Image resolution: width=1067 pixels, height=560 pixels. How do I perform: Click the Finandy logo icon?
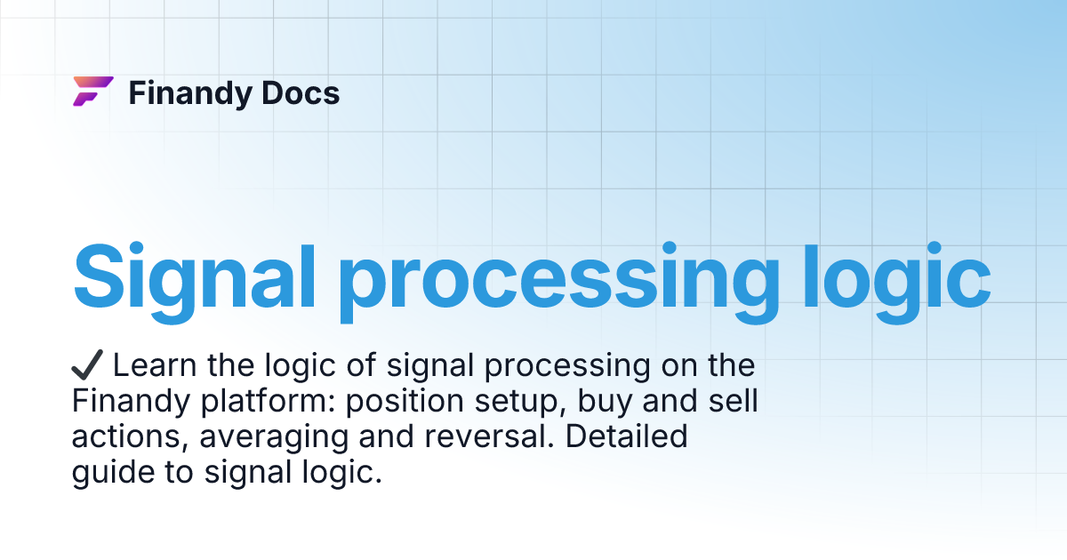(92, 92)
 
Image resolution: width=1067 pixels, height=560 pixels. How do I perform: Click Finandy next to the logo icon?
(186, 93)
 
